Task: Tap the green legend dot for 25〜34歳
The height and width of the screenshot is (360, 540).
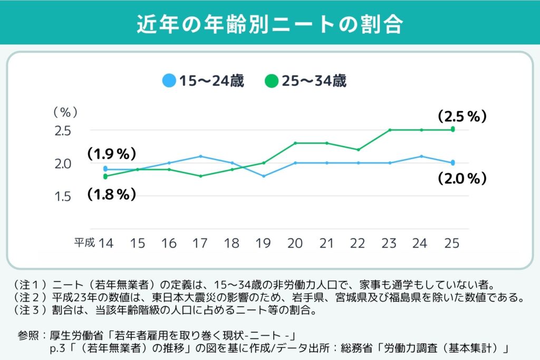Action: (x=272, y=82)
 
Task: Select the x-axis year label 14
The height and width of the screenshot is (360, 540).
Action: (x=105, y=243)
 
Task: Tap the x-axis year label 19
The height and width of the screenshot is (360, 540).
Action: (x=263, y=243)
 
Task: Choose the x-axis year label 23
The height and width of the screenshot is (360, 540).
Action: (x=389, y=243)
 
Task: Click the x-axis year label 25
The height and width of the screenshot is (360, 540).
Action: (x=452, y=243)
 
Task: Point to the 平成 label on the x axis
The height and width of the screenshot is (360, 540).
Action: (x=84, y=243)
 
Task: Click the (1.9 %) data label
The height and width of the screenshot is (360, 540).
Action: (x=112, y=154)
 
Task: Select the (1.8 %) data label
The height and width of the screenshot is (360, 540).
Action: (x=112, y=194)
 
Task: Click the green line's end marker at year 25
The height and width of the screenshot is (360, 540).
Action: (x=452, y=129)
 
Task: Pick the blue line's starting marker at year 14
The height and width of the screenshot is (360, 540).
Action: (x=105, y=169)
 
